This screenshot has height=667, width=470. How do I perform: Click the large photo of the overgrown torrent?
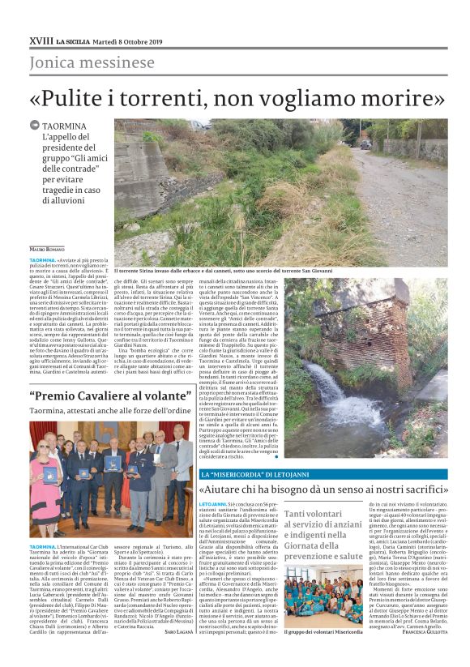tap(280, 190)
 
